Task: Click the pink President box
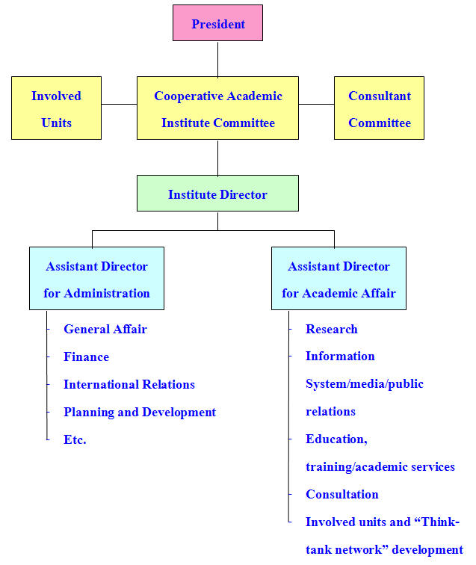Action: (x=217, y=23)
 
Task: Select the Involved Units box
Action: (x=56, y=108)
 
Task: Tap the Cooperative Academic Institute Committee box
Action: (x=217, y=108)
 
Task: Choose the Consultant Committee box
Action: (x=379, y=108)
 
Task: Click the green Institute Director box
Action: (x=217, y=194)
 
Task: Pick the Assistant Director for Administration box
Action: (x=96, y=279)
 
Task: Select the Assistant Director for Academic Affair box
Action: (x=339, y=279)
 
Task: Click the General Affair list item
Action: (x=105, y=329)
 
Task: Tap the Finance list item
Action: (x=86, y=356)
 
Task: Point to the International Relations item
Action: (x=129, y=384)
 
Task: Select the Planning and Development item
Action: (x=140, y=412)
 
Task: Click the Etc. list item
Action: (x=75, y=439)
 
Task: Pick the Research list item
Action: (x=331, y=329)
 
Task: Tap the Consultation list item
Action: (x=341, y=494)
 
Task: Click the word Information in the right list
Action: (x=340, y=356)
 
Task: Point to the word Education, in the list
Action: (x=336, y=439)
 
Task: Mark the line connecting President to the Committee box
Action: (x=217, y=59)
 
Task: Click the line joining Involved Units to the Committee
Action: (x=119, y=105)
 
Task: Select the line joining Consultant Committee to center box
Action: (x=316, y=105)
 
